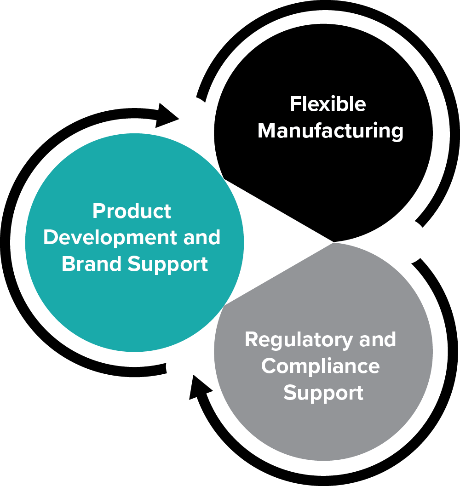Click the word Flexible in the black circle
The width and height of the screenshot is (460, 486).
pos(328,104)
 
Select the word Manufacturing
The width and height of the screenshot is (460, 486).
pos(330,131)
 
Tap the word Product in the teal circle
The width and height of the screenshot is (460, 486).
pos(132,212)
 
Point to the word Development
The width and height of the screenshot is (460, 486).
pos(110,238)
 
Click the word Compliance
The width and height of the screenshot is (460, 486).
pos(320,366)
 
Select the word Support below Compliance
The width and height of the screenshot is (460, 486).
pos(323,394)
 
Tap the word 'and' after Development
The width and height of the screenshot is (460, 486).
pos(201,238)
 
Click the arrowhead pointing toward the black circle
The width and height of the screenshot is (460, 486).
pos(168,115)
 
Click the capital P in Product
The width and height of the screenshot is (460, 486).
pos(98,212)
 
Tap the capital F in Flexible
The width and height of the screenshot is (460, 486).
pos(294,104)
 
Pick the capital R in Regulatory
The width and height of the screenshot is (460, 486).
pos(251,340)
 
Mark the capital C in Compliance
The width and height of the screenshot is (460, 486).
pos(269,366)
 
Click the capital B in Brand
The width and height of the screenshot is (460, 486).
pos(68,264)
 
